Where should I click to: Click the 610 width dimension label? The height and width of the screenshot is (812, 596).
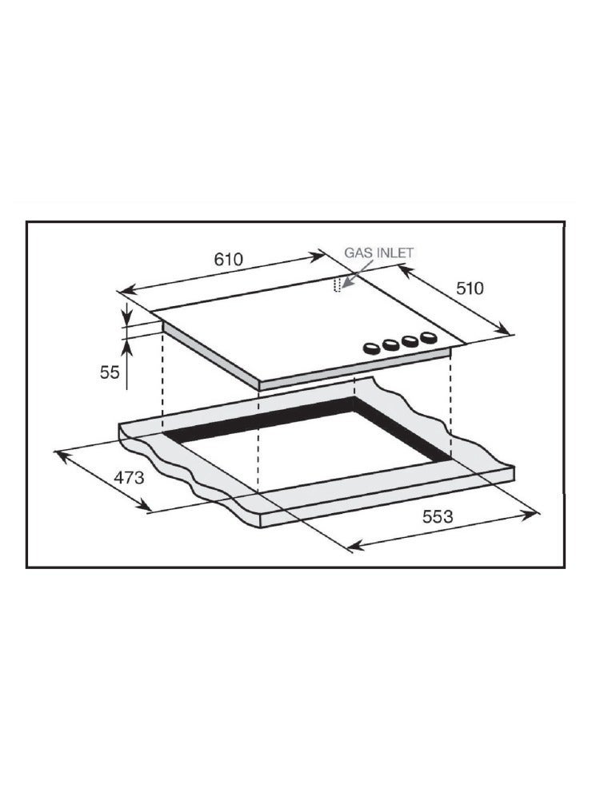click(229, 259)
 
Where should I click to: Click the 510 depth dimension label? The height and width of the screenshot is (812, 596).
click(470, 288)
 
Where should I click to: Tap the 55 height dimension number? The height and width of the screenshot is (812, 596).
click(110, 372)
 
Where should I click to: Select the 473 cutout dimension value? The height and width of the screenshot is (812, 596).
click(129, 477)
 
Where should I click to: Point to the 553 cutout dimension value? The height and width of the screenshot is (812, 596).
click(438, 516)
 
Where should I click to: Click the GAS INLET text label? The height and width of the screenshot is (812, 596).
click(379, 253)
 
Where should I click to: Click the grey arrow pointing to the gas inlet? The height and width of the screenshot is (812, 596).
click(357, 273)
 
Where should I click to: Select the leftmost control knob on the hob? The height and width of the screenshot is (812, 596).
click(371, 348)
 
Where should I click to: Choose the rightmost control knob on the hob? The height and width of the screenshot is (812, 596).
click(429, 337)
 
